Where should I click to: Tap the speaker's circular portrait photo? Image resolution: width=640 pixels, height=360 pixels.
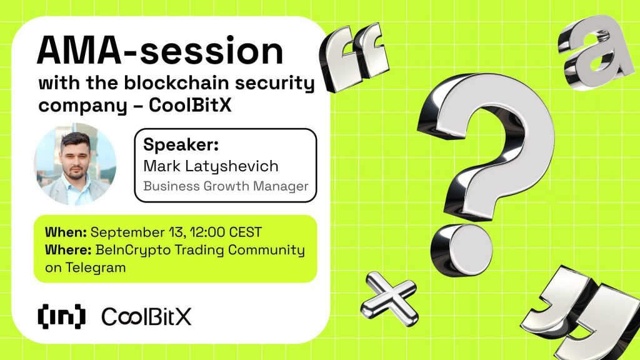point(75,165)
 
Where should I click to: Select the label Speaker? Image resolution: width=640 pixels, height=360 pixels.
point(172,146)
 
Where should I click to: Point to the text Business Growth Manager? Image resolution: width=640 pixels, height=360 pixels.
point(226,186)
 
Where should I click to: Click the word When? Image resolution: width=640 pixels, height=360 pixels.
point(66,232)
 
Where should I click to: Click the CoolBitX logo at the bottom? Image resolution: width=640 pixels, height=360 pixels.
point(146,317)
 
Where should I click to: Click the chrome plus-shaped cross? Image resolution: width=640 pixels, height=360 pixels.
point(390,293)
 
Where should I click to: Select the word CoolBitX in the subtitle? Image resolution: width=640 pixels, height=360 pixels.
point(191,105)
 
